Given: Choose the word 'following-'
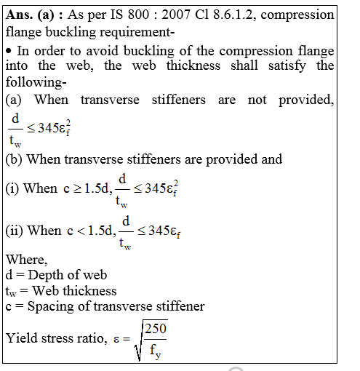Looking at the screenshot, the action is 32,82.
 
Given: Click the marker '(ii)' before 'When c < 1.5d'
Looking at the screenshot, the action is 14,231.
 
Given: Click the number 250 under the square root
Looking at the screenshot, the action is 155,330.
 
